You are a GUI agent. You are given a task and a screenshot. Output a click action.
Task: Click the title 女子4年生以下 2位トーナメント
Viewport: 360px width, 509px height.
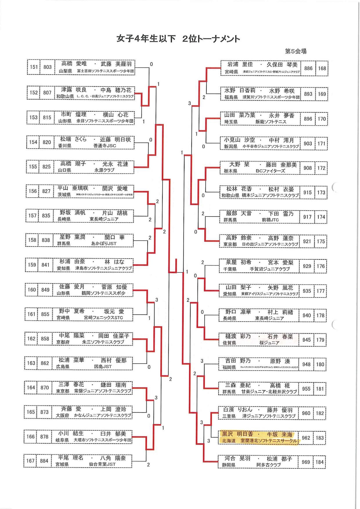point(178,39)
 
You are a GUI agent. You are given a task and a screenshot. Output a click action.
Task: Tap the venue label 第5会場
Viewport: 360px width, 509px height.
point(296,51)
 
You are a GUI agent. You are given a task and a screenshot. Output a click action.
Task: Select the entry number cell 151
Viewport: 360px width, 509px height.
point(34,67)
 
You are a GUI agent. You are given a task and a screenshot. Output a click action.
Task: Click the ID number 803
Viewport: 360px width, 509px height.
point(47,67)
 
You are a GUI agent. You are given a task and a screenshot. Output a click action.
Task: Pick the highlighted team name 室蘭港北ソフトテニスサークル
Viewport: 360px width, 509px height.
point(269,441)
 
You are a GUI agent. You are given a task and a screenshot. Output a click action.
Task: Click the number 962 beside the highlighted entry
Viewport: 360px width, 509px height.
point(306,438)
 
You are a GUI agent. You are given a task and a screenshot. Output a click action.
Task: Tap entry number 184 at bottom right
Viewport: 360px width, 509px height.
point(320,462)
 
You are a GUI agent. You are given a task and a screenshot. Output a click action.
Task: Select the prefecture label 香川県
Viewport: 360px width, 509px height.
point(64,146)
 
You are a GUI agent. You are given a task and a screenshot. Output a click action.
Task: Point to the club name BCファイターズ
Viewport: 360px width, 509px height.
point(270,171)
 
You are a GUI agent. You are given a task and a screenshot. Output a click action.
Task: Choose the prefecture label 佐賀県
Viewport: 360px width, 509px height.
point(229,343)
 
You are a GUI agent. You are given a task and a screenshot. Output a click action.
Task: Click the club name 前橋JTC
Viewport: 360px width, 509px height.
point(270,220)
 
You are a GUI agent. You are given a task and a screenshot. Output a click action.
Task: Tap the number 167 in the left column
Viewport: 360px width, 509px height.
point(30,461)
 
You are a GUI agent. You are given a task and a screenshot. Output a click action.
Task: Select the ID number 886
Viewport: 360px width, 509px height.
point(308,68)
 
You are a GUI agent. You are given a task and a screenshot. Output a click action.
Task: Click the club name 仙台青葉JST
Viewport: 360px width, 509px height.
point(102,464)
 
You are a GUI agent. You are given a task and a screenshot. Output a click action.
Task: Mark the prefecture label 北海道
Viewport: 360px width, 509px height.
point(228,441)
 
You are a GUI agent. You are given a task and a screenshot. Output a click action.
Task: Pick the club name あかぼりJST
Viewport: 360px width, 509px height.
point(104,243)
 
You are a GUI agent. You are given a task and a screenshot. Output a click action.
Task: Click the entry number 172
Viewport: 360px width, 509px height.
point(321,168)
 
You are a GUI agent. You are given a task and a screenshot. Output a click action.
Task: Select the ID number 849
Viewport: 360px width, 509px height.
point(45,290)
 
